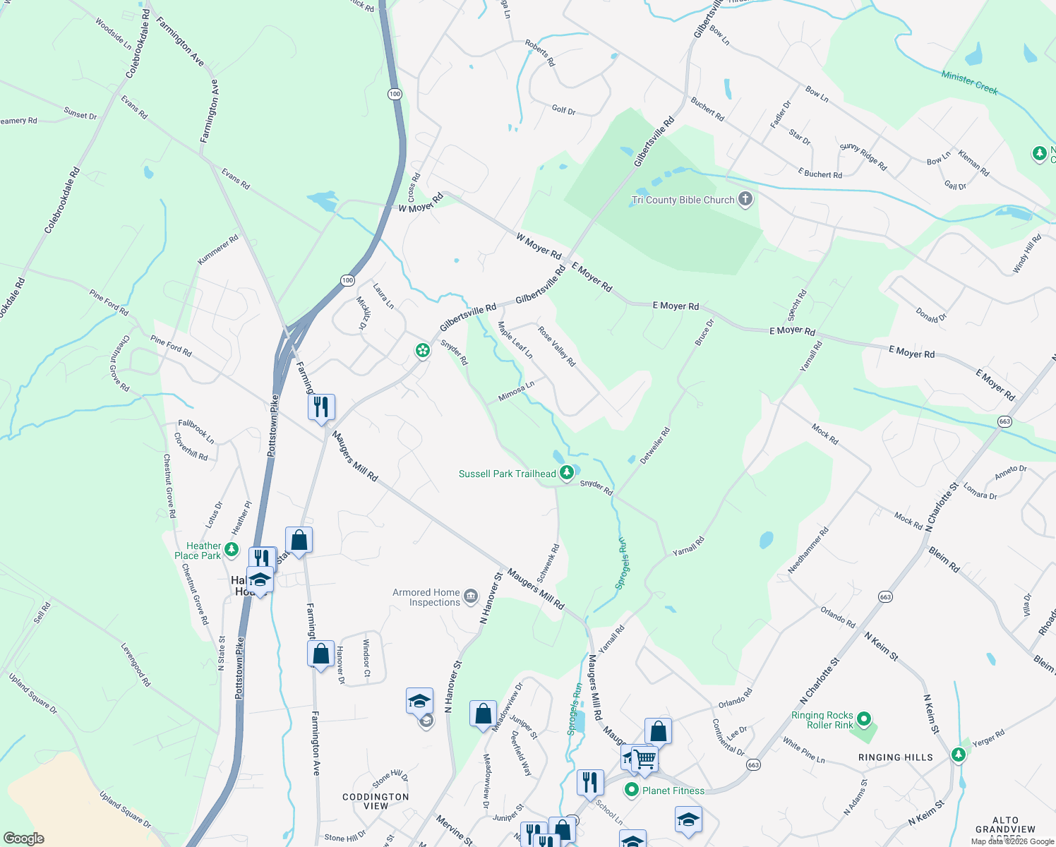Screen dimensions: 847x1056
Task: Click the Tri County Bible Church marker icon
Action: click(745, 199)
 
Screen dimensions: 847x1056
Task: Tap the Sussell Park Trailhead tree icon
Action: click(566, 473)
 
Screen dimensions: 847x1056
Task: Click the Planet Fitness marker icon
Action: click(632, 791)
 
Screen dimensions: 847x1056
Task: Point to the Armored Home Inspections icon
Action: click(471, 598)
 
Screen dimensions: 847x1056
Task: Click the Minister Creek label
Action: click(969, 83)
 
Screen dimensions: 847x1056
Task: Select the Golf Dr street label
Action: click(563, 110)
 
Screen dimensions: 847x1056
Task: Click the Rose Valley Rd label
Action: click(557, 346)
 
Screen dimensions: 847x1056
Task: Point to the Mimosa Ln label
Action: click(516, 391)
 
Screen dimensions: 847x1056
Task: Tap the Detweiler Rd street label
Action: click(654, 445)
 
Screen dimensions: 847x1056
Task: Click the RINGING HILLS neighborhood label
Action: click(895, 757)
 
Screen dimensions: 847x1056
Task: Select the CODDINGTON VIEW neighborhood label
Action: click(376, 801)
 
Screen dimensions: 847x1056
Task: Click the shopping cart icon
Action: click(644, 759)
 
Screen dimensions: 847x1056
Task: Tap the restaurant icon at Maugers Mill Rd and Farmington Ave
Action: click(321, 407)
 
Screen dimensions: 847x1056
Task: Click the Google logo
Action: click(23, 838)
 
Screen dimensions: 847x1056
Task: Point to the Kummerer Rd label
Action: click(218, 250)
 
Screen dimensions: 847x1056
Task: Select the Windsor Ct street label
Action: click(366, 657)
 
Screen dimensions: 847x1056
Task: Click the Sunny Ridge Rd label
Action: click(863, 157)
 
